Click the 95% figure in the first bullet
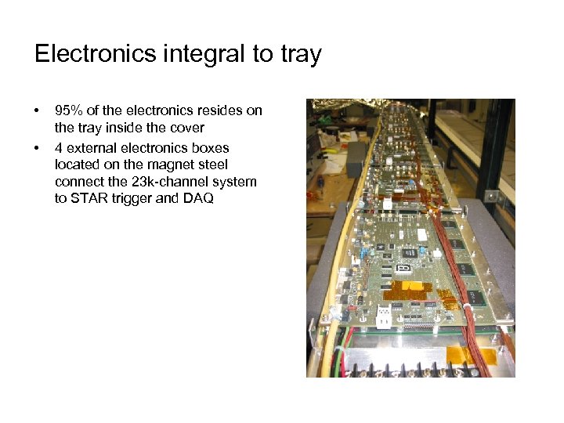[69, 110]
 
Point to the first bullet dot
[37, 111]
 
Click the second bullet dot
[37, 147]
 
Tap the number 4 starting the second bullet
[59, 147]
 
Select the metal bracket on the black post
[491, 196]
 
